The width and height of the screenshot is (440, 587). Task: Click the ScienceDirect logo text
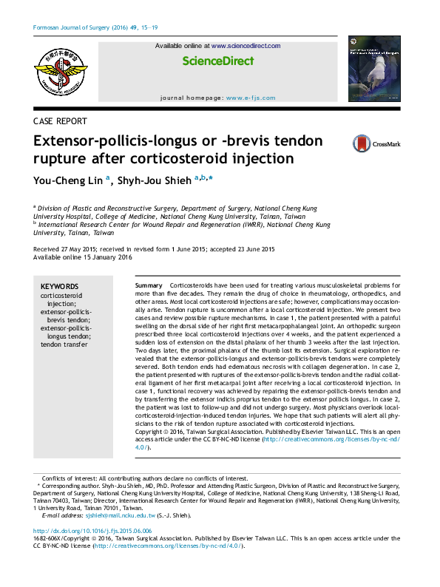[x=217, y=61]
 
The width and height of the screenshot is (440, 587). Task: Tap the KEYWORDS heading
[x=59, y=286]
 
